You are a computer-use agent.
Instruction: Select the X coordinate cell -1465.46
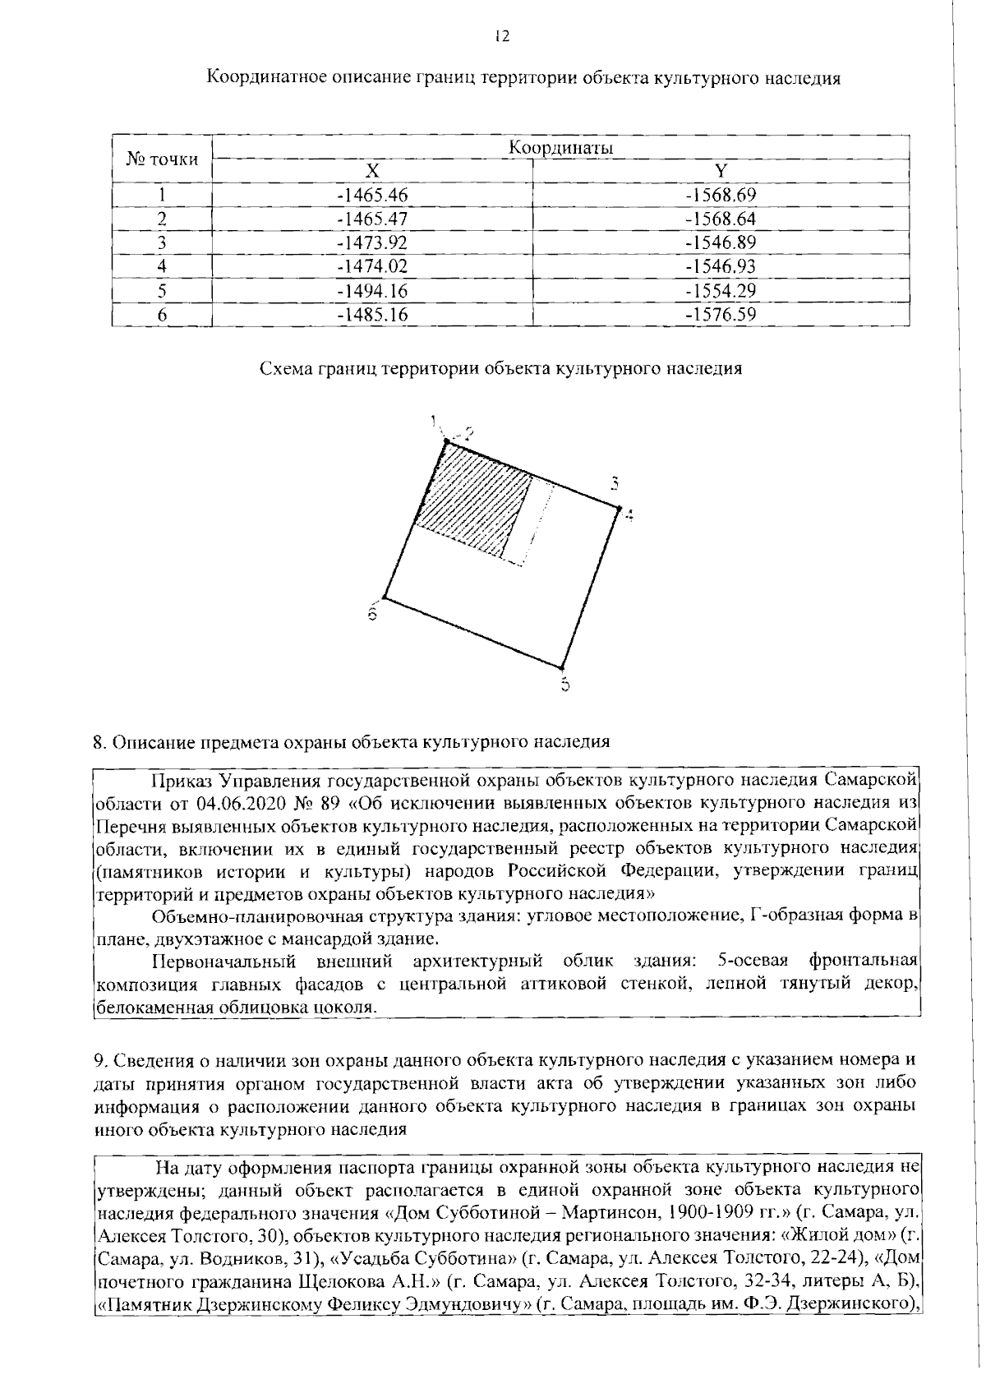click(372, 196)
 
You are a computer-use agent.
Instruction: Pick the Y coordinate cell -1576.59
click(721, 315)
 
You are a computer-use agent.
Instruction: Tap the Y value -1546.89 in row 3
click(721, 243)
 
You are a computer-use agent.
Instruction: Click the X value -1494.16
click(372, 291)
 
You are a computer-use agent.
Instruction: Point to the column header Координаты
click(561, 148)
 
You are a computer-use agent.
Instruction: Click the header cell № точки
click(162, 159)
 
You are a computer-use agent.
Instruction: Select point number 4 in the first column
click(162, 267)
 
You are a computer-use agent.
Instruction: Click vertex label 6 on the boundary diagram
click(372, 614)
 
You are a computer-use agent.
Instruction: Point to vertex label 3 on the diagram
click(613, 483)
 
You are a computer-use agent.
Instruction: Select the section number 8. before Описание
click(100, 742)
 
